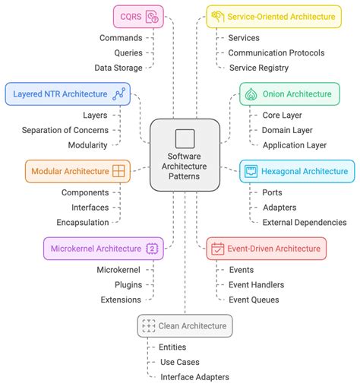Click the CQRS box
click(x=139, y=15)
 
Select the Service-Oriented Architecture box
click(x=270, y=15)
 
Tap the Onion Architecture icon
click(x=251, y=94)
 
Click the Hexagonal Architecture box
click(x=296, y=171)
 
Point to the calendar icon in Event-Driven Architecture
click(x=217, y=248)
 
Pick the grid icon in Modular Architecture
click(x=118, y=171)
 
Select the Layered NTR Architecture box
click(x=66, y=94)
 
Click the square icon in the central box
click(x=185, y=138)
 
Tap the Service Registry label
click(x=258, y=68)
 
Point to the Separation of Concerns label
click(x=65, y=130)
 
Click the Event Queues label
click(x=254, y=300)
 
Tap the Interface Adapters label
click(x=194, y=377)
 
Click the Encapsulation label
click(x=82, y=222)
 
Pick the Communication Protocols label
click(x=276, y=52)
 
